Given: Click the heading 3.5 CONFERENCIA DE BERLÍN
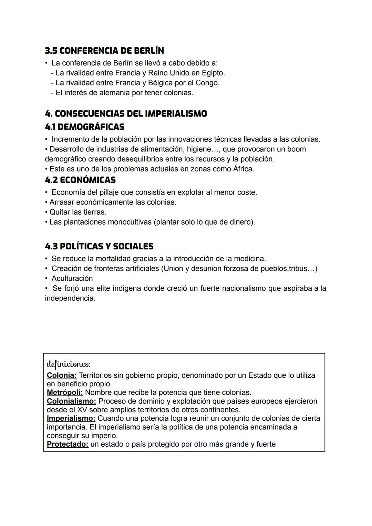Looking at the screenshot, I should tap(104, 51).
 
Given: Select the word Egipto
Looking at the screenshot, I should tap(213, 73).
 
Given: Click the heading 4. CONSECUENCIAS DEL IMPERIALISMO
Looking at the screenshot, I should tap(126, 114).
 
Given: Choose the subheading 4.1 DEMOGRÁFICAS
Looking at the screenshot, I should tap(84, 127).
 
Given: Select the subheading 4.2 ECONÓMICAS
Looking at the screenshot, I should tap(80, 180).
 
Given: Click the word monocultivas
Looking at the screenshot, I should tap(130, 222).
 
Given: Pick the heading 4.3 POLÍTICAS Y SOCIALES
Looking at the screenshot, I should tap(99, 246).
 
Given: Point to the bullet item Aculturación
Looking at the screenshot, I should tap(72, 278).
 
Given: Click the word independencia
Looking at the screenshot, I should tap(70, 298).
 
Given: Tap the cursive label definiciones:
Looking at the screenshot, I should tap(68, 364).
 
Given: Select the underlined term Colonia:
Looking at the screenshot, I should tap(62, 375).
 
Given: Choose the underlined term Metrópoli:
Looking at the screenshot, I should tap(65, 393).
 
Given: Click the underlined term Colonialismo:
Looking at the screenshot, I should tap(71, 401).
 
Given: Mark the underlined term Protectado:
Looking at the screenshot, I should tap(68, 444).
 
